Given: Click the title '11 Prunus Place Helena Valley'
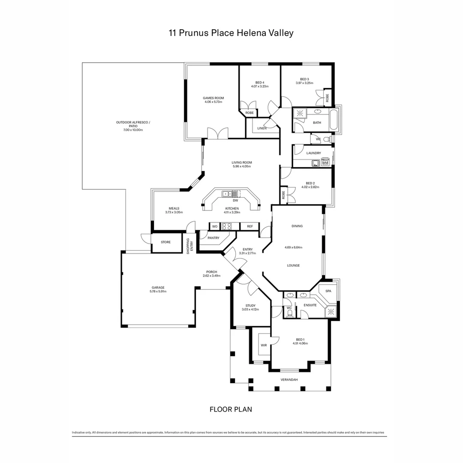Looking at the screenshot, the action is pos(231,33).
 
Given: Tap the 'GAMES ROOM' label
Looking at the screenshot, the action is pos(213,98).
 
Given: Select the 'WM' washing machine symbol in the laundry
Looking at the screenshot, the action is pos(325,163).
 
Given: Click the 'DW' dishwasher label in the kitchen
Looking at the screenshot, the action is pos(235,200).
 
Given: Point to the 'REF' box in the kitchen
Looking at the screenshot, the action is pos(250,226).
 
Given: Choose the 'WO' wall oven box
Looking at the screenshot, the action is pos(214,226).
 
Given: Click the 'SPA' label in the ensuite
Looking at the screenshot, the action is pos(328,291).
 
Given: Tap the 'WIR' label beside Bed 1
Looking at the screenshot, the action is pos(264,345).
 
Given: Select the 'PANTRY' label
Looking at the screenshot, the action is pos(213,238).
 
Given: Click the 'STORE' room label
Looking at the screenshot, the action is pos(165,242).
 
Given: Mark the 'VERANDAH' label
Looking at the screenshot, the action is pos(289,380).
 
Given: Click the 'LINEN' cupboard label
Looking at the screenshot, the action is pos(262,128).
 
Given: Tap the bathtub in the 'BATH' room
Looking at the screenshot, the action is pos(334,120).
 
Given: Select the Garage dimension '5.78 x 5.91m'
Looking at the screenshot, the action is pos(158,292).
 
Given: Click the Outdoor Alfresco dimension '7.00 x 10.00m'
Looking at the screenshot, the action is pos(133,129).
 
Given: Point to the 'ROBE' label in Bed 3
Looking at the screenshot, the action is pos(328,97).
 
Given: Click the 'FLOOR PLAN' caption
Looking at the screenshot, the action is pos(231,409).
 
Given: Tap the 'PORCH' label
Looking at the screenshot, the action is pos(211,272).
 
